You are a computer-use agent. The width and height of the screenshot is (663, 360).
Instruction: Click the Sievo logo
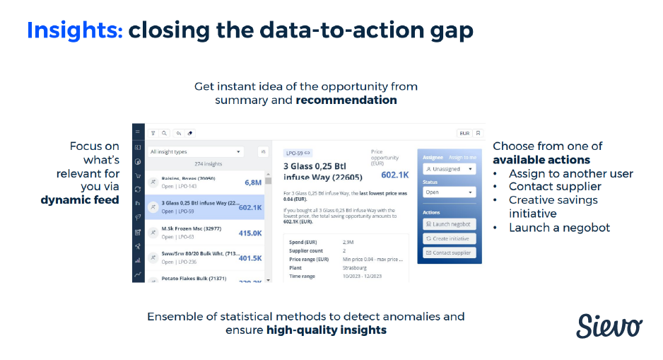pos(609,325)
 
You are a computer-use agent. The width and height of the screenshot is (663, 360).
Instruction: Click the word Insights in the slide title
pos(75,30)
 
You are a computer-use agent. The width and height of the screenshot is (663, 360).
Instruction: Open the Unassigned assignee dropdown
pos(450,169)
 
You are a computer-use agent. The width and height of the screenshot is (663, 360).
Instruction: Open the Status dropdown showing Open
pos(450,192)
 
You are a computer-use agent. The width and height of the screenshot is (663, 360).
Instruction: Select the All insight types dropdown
pos(196,151)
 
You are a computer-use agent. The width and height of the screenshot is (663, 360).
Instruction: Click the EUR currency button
pos(464,133)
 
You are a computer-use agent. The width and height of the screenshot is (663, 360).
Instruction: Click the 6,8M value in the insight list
pos(253,182)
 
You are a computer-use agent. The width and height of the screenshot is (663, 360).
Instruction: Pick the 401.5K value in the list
pos(250,258)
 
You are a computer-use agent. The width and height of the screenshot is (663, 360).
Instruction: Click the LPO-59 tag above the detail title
pos(298,153)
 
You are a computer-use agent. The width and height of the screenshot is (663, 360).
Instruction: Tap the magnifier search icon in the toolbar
pos(164,133)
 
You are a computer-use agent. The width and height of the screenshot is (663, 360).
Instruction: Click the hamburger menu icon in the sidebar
pos(139,132)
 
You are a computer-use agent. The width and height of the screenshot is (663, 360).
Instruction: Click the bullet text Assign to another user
pos(570,173)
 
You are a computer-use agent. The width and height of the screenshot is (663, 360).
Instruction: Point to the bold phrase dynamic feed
pos(81,200)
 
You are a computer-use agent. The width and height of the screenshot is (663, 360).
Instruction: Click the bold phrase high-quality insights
pos(326,330)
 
